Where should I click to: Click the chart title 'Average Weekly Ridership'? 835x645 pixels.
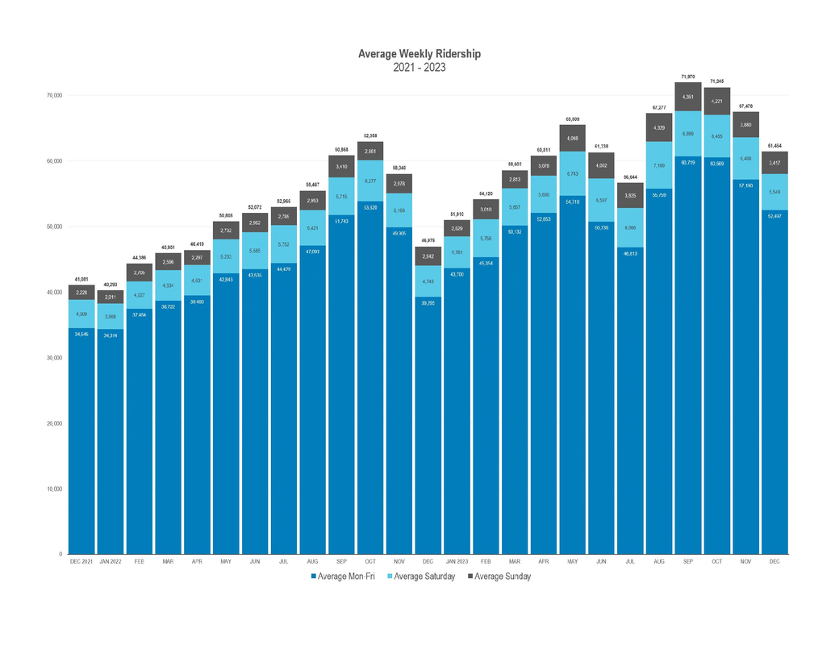[419, 54]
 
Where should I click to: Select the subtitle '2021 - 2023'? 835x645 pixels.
[419, 67]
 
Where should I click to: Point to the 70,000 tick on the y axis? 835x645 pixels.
[53, 95]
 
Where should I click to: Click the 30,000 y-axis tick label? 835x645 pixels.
[53, 358]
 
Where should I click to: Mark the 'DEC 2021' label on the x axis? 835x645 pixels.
[81, 560]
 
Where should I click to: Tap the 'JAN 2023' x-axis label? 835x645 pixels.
[457, 560]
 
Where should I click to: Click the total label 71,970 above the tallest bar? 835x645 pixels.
[688, 77]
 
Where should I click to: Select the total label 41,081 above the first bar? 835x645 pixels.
[81, 279]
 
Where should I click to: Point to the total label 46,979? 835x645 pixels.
[428, 240]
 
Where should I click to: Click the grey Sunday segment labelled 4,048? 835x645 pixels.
[572, 138]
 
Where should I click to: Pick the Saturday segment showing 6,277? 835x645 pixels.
[369, 181]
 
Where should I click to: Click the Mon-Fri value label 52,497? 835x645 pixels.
[774, 216]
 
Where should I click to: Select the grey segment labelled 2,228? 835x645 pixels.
[81, 293]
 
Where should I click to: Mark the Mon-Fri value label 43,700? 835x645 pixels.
[457, 274]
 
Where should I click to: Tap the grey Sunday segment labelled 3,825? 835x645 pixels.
[630, 195]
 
